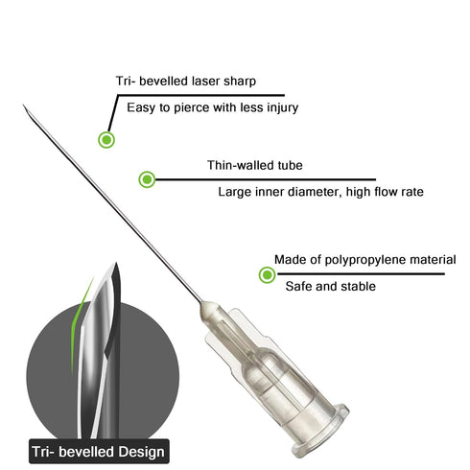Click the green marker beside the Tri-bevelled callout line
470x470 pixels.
click(106, 140)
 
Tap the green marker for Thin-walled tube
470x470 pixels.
click(147, 179)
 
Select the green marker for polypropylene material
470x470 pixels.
click(267, 274)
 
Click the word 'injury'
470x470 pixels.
click(283, 107)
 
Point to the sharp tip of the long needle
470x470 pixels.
click(23, 105)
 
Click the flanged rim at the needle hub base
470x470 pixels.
click(320, 429)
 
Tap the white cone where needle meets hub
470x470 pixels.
click(209, 308)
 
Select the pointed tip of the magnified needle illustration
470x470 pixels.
click(116, 263)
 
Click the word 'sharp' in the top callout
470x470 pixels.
click(240, 82)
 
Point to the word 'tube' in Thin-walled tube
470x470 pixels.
click(290, 165)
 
